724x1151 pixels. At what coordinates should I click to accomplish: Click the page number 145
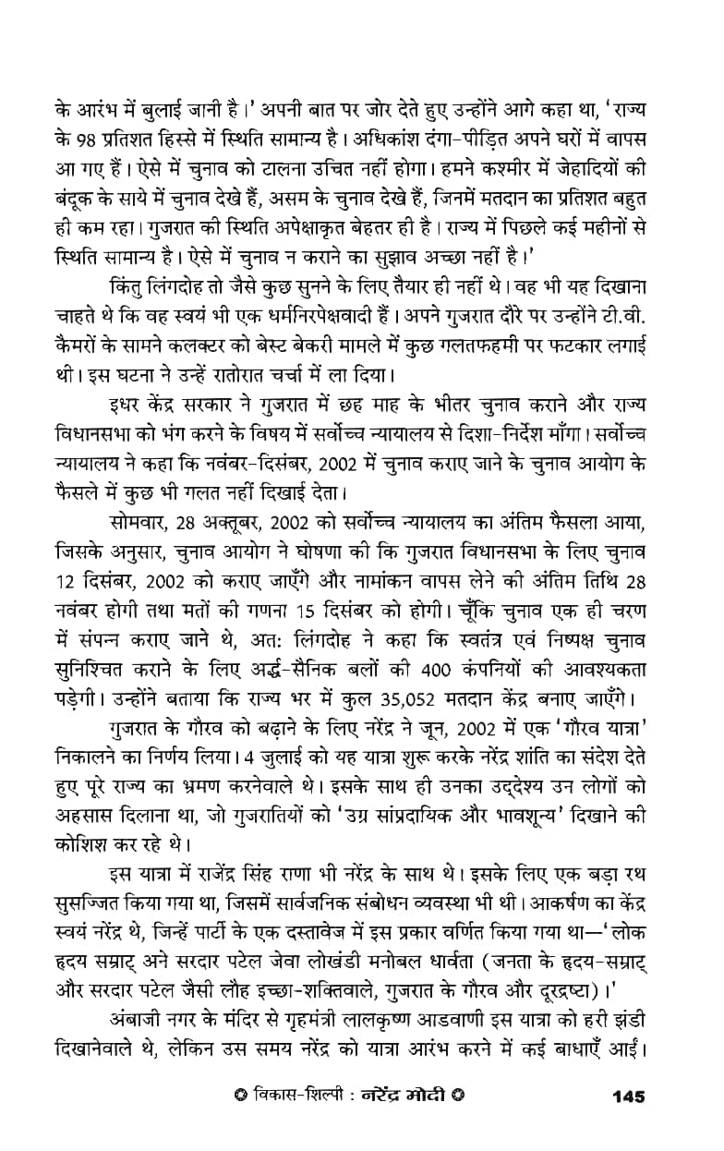pos(627,1096)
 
